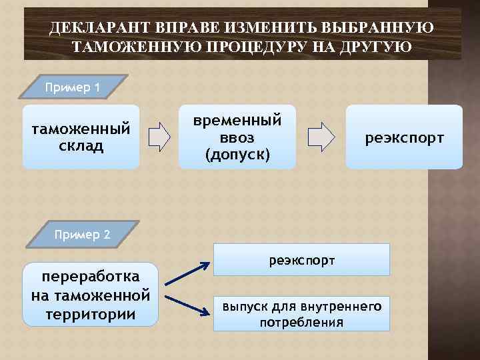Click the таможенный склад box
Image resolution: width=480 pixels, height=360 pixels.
[81, 137]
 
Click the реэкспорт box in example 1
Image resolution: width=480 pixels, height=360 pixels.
[404, 137]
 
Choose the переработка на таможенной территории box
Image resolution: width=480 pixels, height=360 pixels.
[91, 295]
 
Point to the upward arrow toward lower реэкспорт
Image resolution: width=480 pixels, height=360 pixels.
[187, 275]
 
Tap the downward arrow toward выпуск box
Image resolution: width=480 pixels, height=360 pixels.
[187, 303]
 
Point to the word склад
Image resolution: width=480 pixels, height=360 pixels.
[81, 146]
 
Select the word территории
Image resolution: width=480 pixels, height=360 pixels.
[91, 314]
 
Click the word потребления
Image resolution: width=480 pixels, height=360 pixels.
[302, 323]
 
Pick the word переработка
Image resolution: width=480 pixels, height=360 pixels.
[91, 276]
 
